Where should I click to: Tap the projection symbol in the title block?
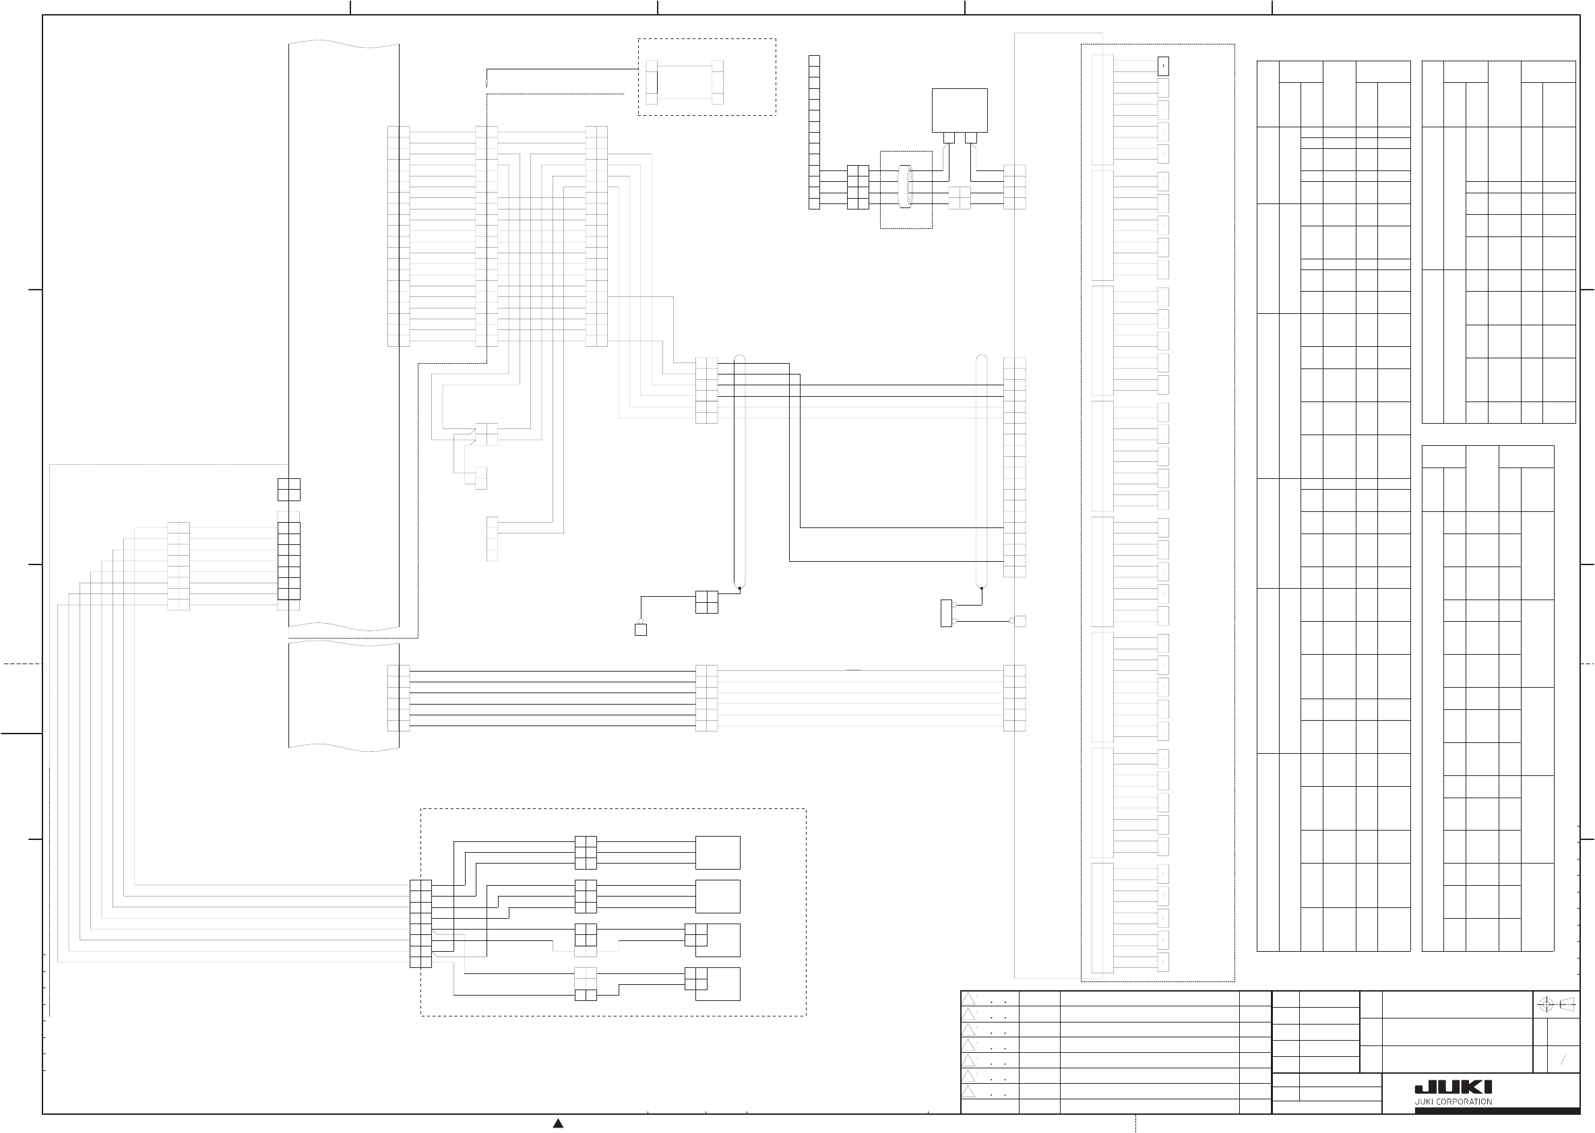click(1556, 1004)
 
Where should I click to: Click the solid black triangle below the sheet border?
click(558, 1122)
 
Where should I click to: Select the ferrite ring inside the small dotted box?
click(906, 187)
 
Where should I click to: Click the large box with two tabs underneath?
click(960, 110)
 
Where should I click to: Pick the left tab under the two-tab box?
click(949, 137)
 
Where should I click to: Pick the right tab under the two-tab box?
click(970, 137)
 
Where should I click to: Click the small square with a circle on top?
click(641, 629)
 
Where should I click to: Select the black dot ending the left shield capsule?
click(740, 589)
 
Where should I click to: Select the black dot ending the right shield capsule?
click(982, 589)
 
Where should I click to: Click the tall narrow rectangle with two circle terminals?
click(946, 613)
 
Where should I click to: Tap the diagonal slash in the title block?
click(1563, 1060)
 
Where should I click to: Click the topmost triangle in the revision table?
click(968, 999)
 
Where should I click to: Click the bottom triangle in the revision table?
click(968, 1093)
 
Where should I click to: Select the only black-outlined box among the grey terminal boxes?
click(1163, 65)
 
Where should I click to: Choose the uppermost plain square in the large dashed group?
click(717, 853)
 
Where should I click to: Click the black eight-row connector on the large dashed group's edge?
click(420, 924)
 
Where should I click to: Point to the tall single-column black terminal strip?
click(814, 132)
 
